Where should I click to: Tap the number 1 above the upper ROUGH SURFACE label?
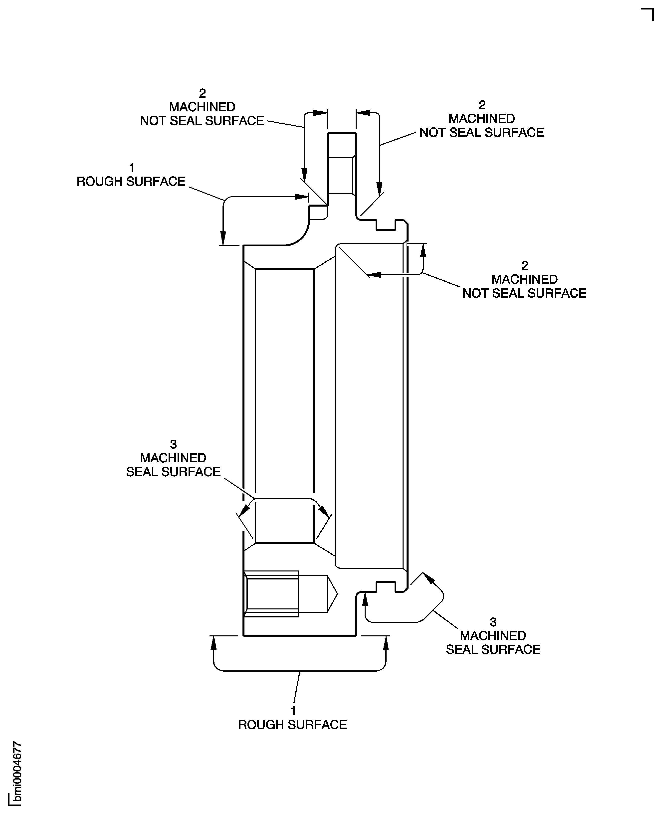point(132,167)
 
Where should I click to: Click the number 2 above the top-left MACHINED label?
point(202,93)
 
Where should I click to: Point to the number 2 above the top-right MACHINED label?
point(482,104)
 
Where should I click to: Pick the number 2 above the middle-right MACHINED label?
point(524,266)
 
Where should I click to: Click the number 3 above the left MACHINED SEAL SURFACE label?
point(173,444)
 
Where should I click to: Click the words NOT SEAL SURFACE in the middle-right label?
point(524,293)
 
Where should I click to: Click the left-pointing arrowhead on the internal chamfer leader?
point(374,274)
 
